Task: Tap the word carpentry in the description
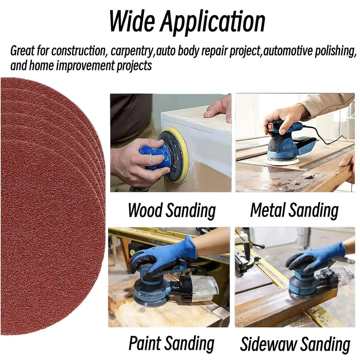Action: point(132,52)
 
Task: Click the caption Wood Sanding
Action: point(172,211)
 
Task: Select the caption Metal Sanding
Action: point(294,211)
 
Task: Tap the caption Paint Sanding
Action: point(171,343)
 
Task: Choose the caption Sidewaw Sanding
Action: point(295,345)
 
